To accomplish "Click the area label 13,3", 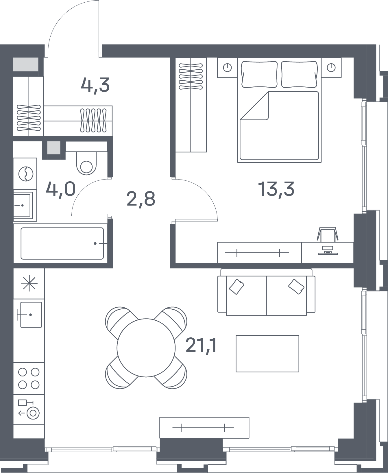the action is pos(276,189).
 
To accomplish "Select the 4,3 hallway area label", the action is pos(95,85).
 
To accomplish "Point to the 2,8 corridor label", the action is pos(141,199).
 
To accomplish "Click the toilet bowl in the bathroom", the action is pos(86,163).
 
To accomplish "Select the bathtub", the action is pos(62,243).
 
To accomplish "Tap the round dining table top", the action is pos(146,348).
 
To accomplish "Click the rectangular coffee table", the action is pos(267,353).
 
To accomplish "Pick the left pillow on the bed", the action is pos(259,74).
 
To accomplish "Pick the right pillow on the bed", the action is pos(300,74).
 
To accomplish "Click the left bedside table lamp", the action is pos(228,68).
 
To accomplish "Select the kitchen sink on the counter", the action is pos(31,315).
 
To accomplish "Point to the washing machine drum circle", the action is pos(26,174).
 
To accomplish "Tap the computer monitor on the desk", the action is pos(328,250).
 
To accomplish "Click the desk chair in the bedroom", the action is pos(328,234).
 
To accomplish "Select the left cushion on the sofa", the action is pos(237,287).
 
